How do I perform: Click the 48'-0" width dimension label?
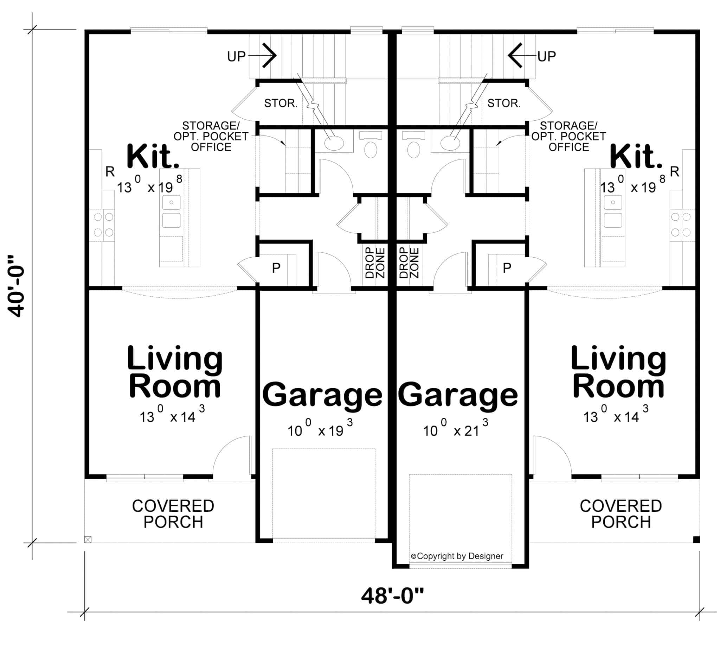392,596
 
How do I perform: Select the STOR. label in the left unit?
281,103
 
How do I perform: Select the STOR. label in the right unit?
504,103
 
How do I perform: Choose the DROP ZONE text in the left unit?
375,263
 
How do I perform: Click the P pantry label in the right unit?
507,267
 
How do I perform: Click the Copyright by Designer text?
457,556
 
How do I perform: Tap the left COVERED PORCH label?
173,514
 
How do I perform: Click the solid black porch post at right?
696,540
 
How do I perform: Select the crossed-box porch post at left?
88,540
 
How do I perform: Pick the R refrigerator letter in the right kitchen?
674,172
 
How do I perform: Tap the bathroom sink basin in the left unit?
334,143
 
